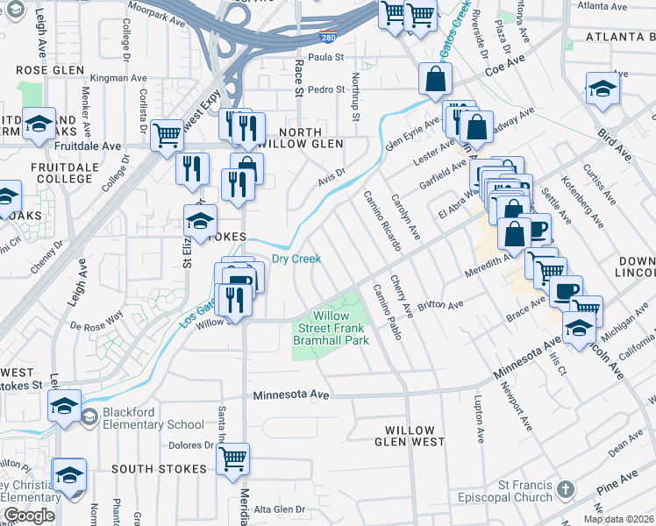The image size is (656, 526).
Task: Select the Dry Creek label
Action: click(x=296, y=259)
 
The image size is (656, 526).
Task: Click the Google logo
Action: click(x=29, y=515)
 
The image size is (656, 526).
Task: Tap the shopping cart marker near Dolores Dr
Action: click(x=232, y=458)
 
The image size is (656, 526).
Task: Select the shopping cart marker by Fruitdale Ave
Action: click(x=167, y=135)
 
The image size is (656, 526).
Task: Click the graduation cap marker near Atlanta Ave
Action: click(x=603, y=89)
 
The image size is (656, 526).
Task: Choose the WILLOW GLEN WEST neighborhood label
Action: click(x=410, y=437)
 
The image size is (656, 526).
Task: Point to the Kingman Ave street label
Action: click(x=115, y=78)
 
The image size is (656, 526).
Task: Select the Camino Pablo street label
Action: click(x=387, y=312)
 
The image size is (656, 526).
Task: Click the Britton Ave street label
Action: click(x=440, y=305)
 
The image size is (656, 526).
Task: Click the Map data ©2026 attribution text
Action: click(x=618, y=519)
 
